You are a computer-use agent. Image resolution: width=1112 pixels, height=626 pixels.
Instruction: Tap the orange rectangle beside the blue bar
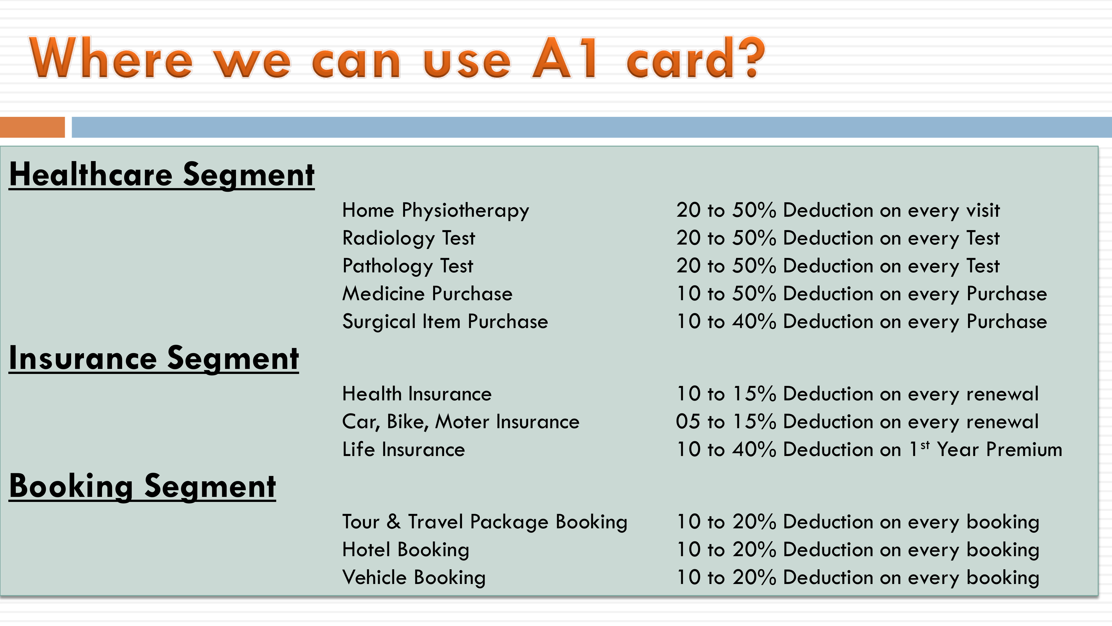pyautogui.click(x=32, y=127)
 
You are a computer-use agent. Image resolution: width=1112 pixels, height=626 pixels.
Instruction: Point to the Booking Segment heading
pyautogui.click(x=142, y=486)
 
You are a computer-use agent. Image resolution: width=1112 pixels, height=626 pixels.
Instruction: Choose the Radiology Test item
pyautogui.click(x=408, y=238)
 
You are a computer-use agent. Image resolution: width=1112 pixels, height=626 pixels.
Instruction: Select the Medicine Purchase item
pyautogui.click(x=427, y=294)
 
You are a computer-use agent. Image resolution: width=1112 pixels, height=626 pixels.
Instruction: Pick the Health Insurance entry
pyautogui.click(x=417, y=394)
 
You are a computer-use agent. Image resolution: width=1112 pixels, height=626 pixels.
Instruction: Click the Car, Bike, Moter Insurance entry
pyautogui.click(x=461, y=422)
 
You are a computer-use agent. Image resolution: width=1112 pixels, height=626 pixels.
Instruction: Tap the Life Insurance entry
pyautogui.click(x=404, y=449)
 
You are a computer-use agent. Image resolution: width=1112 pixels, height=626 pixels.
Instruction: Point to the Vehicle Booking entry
pyautogui.click(x=414, y=578)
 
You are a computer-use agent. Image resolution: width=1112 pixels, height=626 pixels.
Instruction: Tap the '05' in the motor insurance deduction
pyautogui.click(x=688, y=422)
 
